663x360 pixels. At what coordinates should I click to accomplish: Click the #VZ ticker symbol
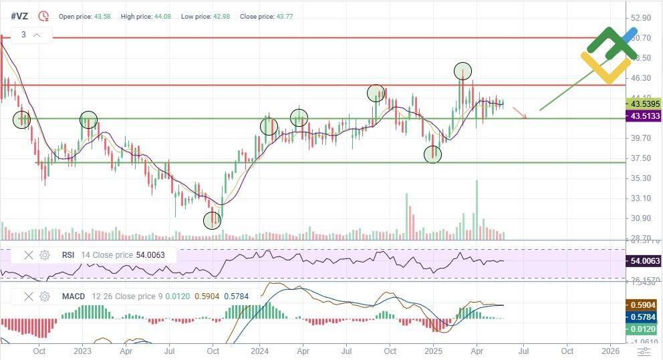tap(19, 15)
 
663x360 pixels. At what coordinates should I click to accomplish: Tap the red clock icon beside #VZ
tap(43, 15)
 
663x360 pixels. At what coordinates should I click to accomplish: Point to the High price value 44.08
tap(160, 16)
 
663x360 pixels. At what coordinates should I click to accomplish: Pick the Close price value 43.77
tap(281, 16)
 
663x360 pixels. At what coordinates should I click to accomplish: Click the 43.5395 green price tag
tap(642, 104)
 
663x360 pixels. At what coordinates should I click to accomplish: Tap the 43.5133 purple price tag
tap(642, 116)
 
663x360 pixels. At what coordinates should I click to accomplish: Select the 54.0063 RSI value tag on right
tap(642, 261)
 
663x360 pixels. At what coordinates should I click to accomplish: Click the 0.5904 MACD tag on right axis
tap(642, 304)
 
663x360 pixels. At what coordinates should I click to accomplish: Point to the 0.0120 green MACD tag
tap(642, 329)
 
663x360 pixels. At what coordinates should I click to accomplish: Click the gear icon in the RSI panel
tap(45, 254)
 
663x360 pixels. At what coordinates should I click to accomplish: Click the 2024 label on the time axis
tap(259, 351)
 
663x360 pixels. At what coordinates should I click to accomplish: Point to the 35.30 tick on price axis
tap(641, 178)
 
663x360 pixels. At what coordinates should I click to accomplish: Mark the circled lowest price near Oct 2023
tap(212, 220)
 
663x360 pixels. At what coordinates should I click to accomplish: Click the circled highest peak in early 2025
tap(462, 70)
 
